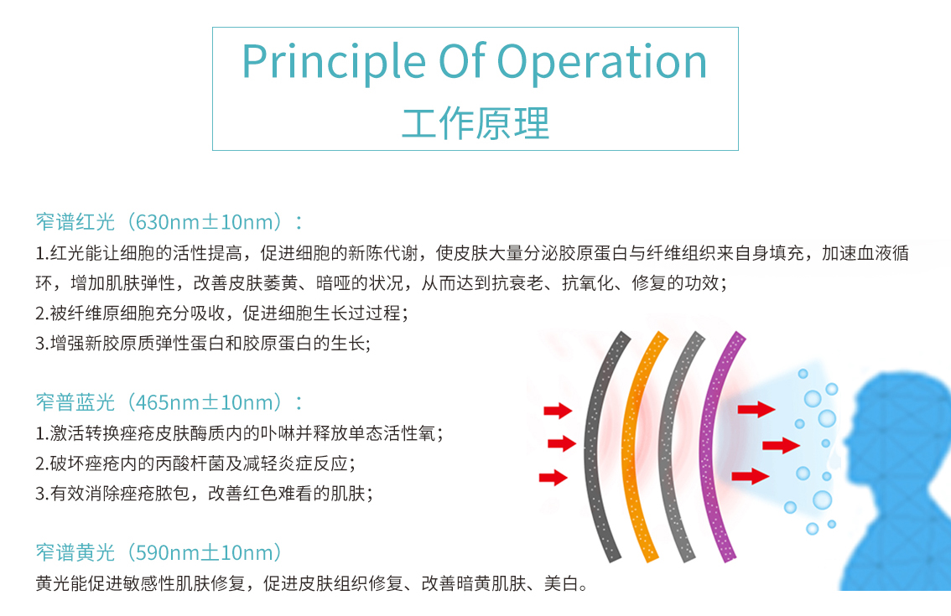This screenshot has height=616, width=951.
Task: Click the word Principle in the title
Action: click(x=334, y=63)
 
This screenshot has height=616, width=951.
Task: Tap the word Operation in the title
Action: click(x=601, y=63)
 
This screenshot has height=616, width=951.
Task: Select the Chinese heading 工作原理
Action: click(x=475, y=123)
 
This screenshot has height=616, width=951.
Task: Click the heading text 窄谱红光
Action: click(x=75, y=222)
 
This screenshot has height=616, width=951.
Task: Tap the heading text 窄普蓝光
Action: click(x=75, y=402)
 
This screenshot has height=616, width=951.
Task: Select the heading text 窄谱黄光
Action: click(x=75, y=552)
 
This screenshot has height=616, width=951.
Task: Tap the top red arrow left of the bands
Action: click(x=558, y=411)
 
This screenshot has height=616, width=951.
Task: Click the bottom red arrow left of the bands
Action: click(x=553, y=478)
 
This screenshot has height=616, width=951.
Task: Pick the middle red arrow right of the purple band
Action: click(x=782, y=446)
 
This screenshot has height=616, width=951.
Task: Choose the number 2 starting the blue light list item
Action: click(x=40, y=463)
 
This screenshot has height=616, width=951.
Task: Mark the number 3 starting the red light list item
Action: click(x=40, y=344)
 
